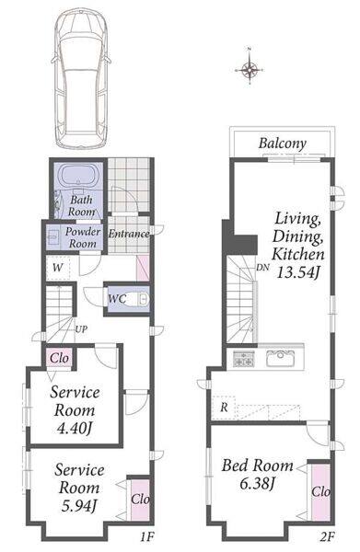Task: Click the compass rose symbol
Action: (249, 68)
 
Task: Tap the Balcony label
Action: (282, 144)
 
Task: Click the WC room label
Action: (117, 299)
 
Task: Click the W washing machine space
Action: (58, 268)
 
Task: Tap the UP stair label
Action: (81, 329)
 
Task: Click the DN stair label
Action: (262, 267)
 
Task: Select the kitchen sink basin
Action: (281, 359)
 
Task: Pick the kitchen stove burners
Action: (244, 359)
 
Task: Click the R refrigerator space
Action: (224, 408)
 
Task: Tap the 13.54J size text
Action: (298, 272)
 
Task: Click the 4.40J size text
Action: (75, 428)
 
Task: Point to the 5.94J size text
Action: (79, 505)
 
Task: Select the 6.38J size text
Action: (257, 483)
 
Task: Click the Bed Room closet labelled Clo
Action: (321, 492)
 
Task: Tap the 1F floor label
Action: (147, 537)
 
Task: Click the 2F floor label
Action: (327, 537)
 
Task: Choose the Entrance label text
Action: (129, 234)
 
